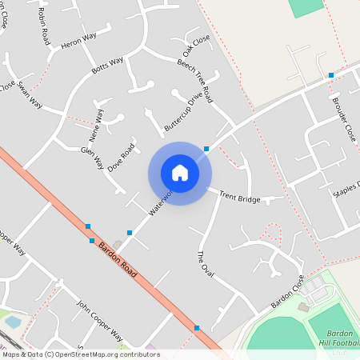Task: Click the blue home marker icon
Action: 180,172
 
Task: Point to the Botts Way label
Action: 107,66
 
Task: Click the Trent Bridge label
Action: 239,196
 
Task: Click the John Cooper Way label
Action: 99,320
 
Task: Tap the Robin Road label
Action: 43,28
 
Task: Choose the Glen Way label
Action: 92,158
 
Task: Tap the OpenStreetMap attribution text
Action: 81,354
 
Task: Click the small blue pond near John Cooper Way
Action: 13,321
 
